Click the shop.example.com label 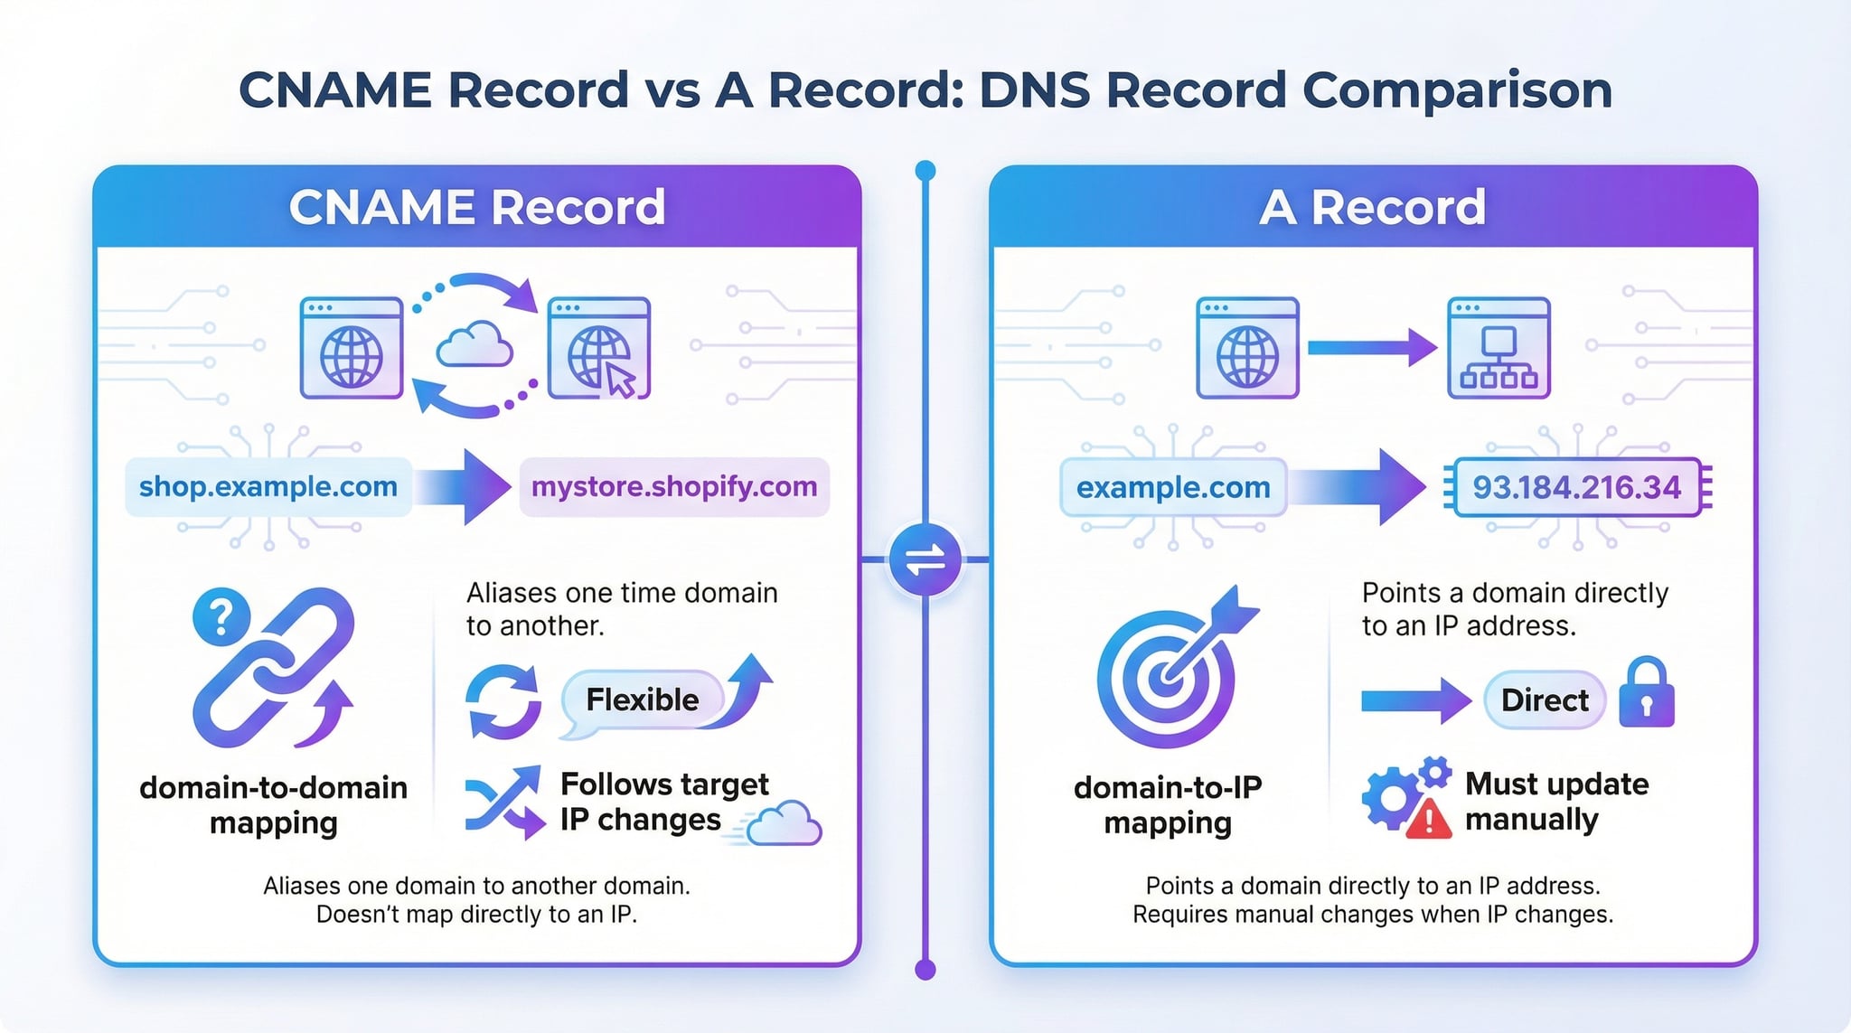pyautogui.click(x=268, y=487)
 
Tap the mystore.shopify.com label pyautogui.click(x=674, y=487)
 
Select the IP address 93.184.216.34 pyautogui.click(x=1576, y=488)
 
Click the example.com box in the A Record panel pyautogui.click(x=1173, y=488)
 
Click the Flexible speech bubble pyautogui.click(x=643, y=700)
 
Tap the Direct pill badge pyautogui.click(x=1545, y=700)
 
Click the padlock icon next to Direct pyautogui.click(x=1646, y=694)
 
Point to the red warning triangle pyautogui.click(x=1429, y=819)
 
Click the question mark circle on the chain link pyautogui.click(x=221, y=616)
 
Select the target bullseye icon pyautogui.click(x=1167, y=679)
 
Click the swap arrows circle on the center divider pyautogui.click(x=925, y=560)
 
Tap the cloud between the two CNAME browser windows pyautogui.click(x=474, y=344)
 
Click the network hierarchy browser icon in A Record pyautogui.click(x=1499, y=348)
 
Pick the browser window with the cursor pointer pyautogui.click(x=599, y=348)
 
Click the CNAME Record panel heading pyautogui.click(x=477, y=207)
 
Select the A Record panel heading pyautogui.click(x=1372, y=207)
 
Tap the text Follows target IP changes pyautogui.click(x=664, y=801)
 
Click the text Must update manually pyautogui.click(x=1556, y=801)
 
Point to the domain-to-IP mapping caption pyautogui.click(x=1168, y=804)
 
